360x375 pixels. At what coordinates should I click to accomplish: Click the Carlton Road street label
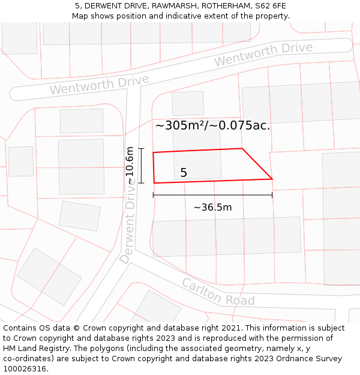pos(218,292)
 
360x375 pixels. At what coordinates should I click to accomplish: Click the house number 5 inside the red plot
pos(184,173)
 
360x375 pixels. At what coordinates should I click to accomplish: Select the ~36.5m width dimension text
pos(212,208)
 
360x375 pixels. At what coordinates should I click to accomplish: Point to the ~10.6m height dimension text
pos(130,166)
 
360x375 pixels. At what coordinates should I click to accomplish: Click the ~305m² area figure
pos(178,125)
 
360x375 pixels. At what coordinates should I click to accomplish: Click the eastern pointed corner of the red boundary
pos(272,178)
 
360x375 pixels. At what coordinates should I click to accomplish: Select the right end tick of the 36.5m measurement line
pos(272,195)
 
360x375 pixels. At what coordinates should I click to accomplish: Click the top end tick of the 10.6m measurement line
pos(142,148)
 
